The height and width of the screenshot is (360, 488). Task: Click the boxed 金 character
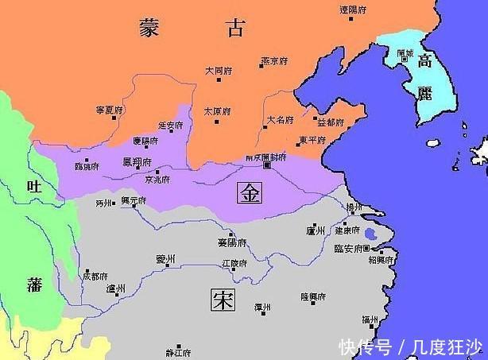[x=250, y=195]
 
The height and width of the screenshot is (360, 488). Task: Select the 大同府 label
[x=217, y=70]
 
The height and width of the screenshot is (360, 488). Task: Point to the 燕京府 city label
[x=273, y=60]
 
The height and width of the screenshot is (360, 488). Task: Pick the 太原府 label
[x=216, y=110]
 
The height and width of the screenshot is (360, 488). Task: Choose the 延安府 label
[x=170, y=125]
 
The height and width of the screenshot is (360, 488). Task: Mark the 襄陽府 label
[x=231, y=242]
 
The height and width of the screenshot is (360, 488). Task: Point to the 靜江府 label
[x=178, y=350]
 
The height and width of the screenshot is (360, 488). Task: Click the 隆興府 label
[x=313, y=296]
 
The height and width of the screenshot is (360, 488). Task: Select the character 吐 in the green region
[x=33, y=187]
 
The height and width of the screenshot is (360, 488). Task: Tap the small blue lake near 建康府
[x=370, y=234]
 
